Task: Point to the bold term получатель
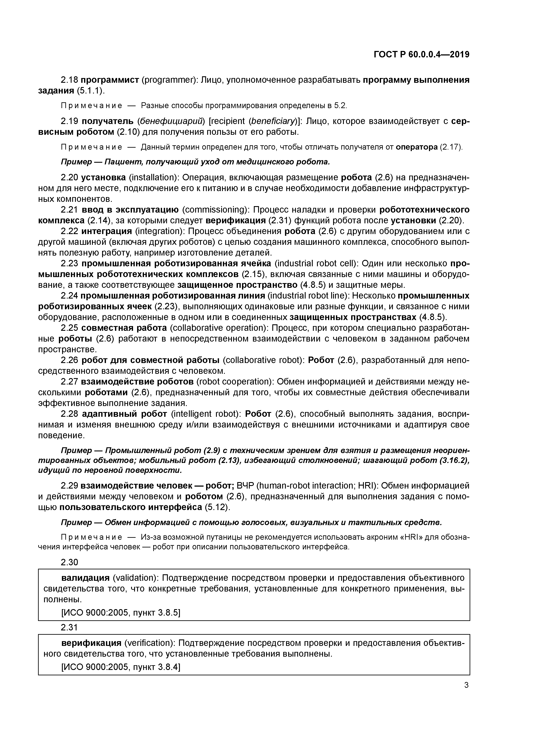107,121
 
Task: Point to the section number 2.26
69,360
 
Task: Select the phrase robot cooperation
235,382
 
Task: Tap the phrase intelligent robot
206,414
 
